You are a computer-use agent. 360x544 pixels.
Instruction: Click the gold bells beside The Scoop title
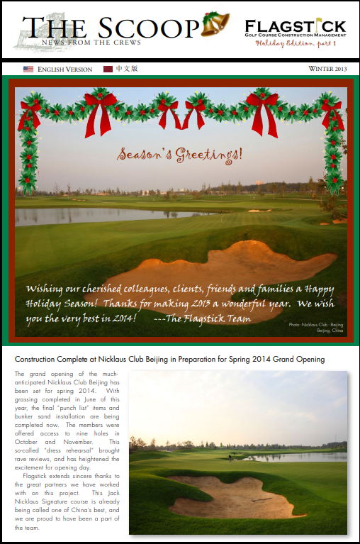point(214,25)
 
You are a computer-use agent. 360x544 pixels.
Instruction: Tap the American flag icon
point(28,70)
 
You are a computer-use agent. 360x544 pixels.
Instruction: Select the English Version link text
point(64,70)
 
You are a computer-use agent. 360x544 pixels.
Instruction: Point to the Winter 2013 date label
point(327,70)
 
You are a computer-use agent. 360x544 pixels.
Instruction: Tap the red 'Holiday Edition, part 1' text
point(296,44)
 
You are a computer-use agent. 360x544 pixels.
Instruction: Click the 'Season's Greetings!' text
point(179,153)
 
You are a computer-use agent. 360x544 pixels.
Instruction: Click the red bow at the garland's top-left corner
point(31,112)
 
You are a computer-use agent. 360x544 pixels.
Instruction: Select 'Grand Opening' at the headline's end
point(299,360)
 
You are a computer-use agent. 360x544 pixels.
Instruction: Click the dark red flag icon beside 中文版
point(108,70)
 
